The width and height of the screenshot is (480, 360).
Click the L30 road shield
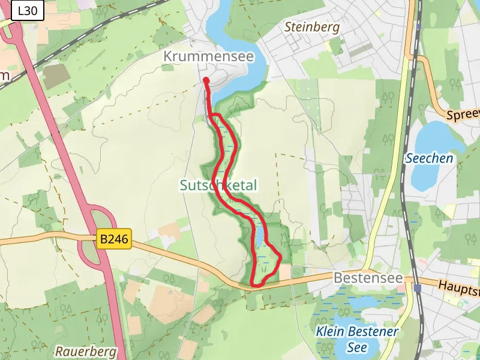click(28, 10)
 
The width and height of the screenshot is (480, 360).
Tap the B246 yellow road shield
click(113, 239)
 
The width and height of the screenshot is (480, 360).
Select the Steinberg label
click(311, 27)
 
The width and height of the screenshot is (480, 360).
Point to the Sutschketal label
click(218, 185)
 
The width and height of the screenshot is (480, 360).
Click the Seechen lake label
click(429, 158)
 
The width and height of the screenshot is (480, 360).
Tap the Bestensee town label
click(363, 278)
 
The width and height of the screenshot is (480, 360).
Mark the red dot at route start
click(206, 80)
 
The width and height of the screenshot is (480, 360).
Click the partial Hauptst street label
click(459, 287)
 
